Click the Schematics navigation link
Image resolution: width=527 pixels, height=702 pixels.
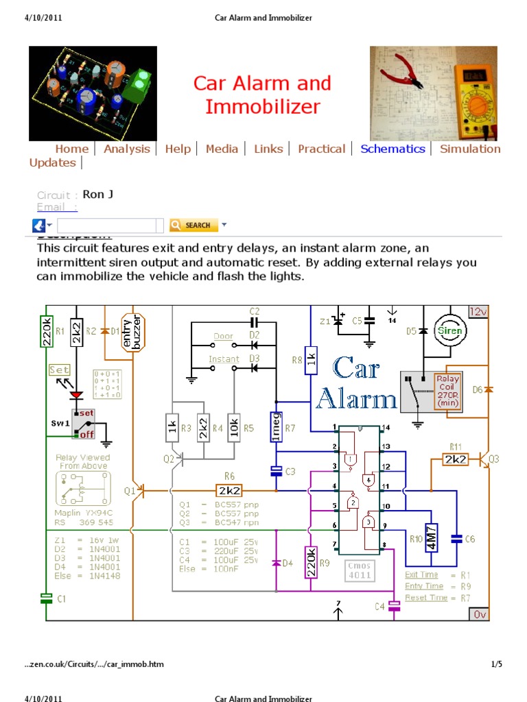[393, 149]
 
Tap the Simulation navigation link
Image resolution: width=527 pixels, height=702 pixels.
[470, 149]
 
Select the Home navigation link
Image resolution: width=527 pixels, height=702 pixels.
[72, 149]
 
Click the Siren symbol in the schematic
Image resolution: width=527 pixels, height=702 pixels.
[451, 330]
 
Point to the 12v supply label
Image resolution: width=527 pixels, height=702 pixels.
[478, 312]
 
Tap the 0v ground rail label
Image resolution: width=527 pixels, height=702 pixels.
[479, 614]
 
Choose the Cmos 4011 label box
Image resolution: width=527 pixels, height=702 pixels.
[360, 570]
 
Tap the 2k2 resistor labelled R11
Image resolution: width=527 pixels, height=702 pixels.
[455, 459]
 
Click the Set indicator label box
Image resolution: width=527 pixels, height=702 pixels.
[59, 370]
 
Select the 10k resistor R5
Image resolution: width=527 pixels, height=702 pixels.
[233, 428]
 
